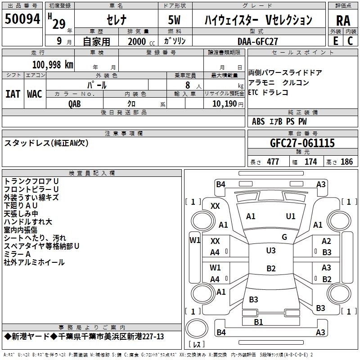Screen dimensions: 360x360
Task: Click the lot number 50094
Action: point(22,20)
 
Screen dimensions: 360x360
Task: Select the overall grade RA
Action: point(343,21)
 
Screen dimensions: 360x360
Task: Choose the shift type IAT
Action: point(13,94)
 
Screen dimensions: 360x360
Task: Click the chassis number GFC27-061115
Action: point(302,143)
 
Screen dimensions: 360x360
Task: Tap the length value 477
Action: point(271,162)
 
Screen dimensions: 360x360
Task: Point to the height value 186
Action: point(346,162)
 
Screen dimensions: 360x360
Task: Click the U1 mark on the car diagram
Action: point(291,216)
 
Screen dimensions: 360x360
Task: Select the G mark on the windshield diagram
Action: point(284,237)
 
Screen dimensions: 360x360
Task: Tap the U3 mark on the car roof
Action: point(270,251)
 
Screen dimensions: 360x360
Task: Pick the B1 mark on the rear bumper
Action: point(258,322)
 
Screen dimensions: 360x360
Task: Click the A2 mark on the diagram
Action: point(326,241)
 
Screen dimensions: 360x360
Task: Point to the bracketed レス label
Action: point(197,345)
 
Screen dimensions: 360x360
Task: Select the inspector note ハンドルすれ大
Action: point(28,222)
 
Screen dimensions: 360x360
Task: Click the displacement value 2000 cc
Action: point(137,41)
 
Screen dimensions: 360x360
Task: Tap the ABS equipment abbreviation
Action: point(258,121)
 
